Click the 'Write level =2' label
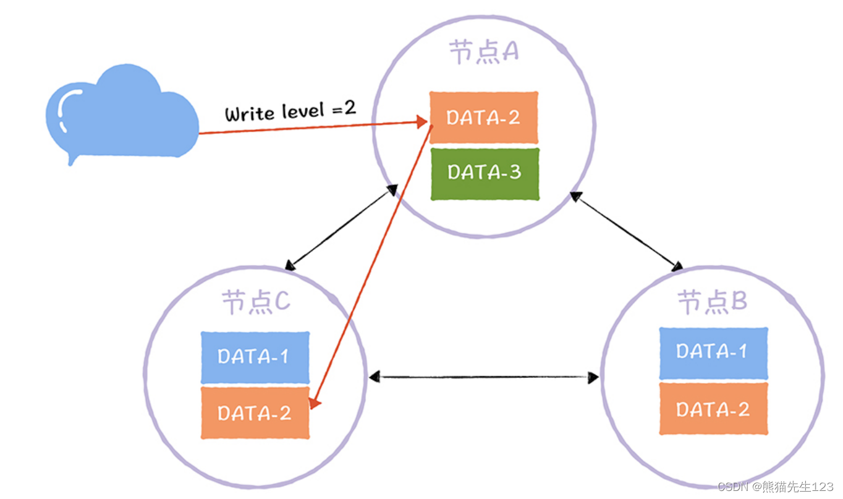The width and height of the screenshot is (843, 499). (x=290, y=112)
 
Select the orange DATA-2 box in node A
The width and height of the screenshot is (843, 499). (x=483, y=117)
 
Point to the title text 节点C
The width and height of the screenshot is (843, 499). (x=255, y=303)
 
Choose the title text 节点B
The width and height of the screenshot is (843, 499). (x=713, y=303)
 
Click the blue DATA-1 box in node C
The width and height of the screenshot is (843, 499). (x=255, y=358)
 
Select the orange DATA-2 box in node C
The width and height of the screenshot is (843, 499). (x=255, y=413)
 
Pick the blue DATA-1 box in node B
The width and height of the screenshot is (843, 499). (x=713, y=353)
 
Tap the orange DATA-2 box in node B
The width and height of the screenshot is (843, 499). (x=713, y=409)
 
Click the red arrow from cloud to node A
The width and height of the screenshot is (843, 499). (x=309, y=128)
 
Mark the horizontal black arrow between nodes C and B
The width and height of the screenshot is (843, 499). (x=483, y=376)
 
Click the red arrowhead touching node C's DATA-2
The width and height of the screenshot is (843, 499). (x=315, y=402)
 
